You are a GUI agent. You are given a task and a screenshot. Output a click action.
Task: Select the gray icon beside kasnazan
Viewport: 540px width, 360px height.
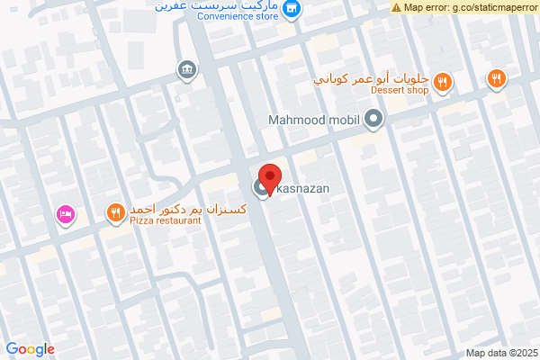click(261, 188)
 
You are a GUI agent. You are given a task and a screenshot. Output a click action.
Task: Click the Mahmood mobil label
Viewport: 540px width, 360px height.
click(313, 119)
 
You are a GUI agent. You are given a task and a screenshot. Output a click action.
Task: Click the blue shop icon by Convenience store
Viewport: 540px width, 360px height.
click(292, 10)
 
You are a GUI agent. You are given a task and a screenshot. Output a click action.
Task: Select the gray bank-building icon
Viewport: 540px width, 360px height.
click(186, 69)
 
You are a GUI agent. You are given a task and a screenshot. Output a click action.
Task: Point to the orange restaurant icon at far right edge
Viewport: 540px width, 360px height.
click(496, 79)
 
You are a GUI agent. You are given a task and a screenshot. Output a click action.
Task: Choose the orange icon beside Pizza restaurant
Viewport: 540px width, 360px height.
click(115, 213)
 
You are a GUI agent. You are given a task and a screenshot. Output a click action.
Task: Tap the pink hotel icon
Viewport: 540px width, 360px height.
click(65, 214)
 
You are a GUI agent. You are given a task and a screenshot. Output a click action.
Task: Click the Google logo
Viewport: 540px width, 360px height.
click(30, 349)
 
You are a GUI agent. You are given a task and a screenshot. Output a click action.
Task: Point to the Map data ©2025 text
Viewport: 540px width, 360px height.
click(502, 352)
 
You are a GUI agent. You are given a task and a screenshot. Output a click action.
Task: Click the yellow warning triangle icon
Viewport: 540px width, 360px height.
click(397, 6)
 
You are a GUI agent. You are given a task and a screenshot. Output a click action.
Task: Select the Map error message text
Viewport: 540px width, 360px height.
click(471, 6)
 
